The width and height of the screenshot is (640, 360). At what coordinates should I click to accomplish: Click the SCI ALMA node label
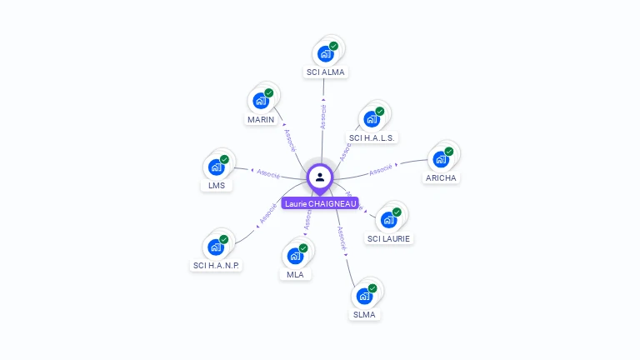[325, 72]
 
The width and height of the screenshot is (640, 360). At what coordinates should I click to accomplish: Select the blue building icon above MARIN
[261, 102]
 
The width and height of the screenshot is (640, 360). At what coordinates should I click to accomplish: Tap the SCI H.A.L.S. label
[372, 137]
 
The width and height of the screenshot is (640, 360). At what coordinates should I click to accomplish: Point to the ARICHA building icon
[441, 159]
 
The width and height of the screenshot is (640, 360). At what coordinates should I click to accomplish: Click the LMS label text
[217, 186]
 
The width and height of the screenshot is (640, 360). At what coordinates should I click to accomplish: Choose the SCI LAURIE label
[389, 239]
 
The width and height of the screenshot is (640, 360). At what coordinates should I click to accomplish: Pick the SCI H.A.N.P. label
[216, 266]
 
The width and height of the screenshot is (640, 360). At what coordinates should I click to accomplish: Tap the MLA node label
[295, 275]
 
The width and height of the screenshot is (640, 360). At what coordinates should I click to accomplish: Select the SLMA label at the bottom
[364, 315]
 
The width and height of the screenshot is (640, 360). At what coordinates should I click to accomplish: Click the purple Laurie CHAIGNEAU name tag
[320, 203]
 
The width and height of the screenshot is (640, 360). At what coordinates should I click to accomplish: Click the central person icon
[320, 177]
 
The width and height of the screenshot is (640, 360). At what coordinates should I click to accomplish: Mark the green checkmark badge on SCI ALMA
[333, 47]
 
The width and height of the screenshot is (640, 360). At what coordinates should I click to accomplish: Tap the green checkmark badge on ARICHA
[448, 152]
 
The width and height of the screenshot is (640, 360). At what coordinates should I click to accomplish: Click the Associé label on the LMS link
[268, 173]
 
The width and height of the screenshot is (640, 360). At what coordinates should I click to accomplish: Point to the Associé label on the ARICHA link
[381, 169]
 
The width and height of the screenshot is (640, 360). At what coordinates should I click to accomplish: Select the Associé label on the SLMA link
[342, 238]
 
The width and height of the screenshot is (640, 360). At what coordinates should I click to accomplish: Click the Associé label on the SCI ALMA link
[323, 117]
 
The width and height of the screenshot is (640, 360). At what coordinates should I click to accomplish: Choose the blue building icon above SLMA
[364, 296]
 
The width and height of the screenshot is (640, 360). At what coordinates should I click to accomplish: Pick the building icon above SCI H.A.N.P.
[216, 247]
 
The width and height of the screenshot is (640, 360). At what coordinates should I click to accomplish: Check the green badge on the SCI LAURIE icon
[397, 212]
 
